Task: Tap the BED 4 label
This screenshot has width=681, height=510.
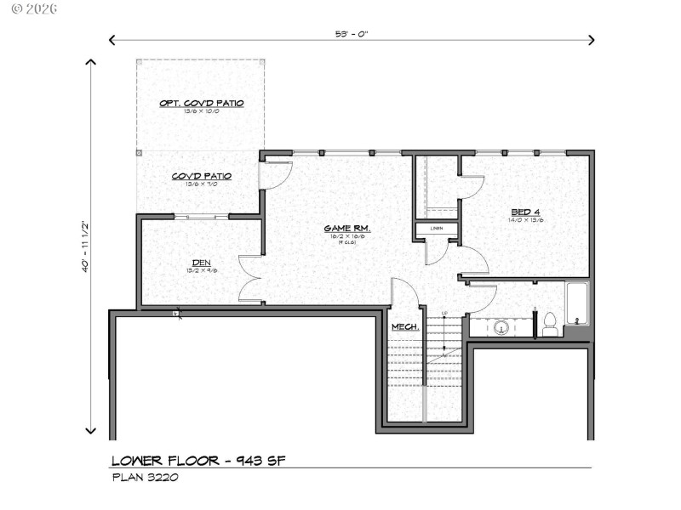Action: pos(527,212)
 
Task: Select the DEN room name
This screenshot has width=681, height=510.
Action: pos(202,263)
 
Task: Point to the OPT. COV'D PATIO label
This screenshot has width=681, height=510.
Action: pos(202,103)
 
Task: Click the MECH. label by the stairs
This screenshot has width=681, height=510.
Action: pos(404,327)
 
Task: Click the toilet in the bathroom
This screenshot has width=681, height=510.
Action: pos(550,325)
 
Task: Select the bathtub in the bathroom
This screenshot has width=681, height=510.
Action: pos(576,303)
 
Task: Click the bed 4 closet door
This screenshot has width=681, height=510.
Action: pos(471,187)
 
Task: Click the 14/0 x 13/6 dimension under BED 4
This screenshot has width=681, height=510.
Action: pos(527,220)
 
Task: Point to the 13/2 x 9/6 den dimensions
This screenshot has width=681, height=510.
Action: pos(202,271)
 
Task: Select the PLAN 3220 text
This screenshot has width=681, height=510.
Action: pos(145,477)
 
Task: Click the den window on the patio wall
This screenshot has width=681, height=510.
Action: pos(201,218)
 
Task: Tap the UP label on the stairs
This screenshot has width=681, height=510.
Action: pos(444,314)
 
